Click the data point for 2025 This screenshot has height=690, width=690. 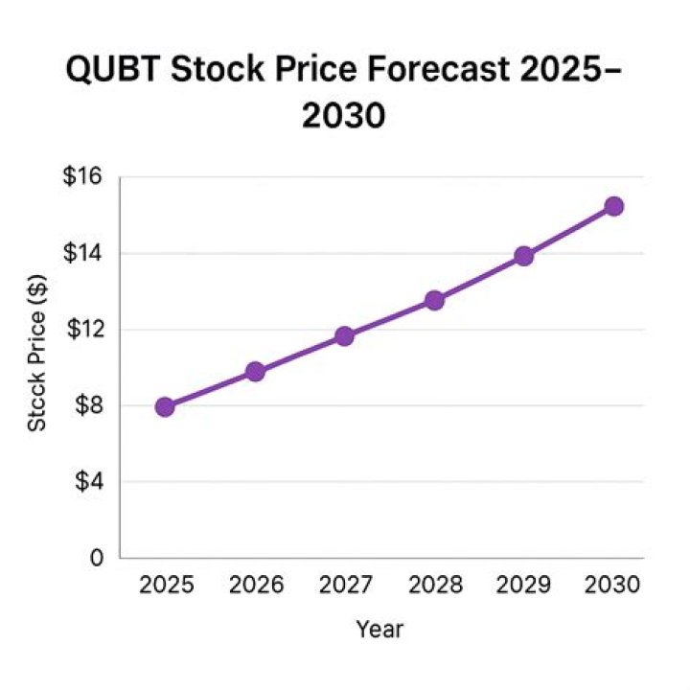165,406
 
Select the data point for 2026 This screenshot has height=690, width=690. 255,372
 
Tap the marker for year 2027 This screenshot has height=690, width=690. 344,336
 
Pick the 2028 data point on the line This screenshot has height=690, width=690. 434,300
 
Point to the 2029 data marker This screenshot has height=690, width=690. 523,256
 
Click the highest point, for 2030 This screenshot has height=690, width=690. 613,206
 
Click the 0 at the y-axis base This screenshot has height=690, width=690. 97,557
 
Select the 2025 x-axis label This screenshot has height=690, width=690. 165,586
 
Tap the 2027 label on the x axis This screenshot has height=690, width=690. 344,586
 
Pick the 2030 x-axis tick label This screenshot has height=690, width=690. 613,586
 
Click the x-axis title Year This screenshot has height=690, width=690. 379,630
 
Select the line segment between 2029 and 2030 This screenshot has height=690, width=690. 568,231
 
